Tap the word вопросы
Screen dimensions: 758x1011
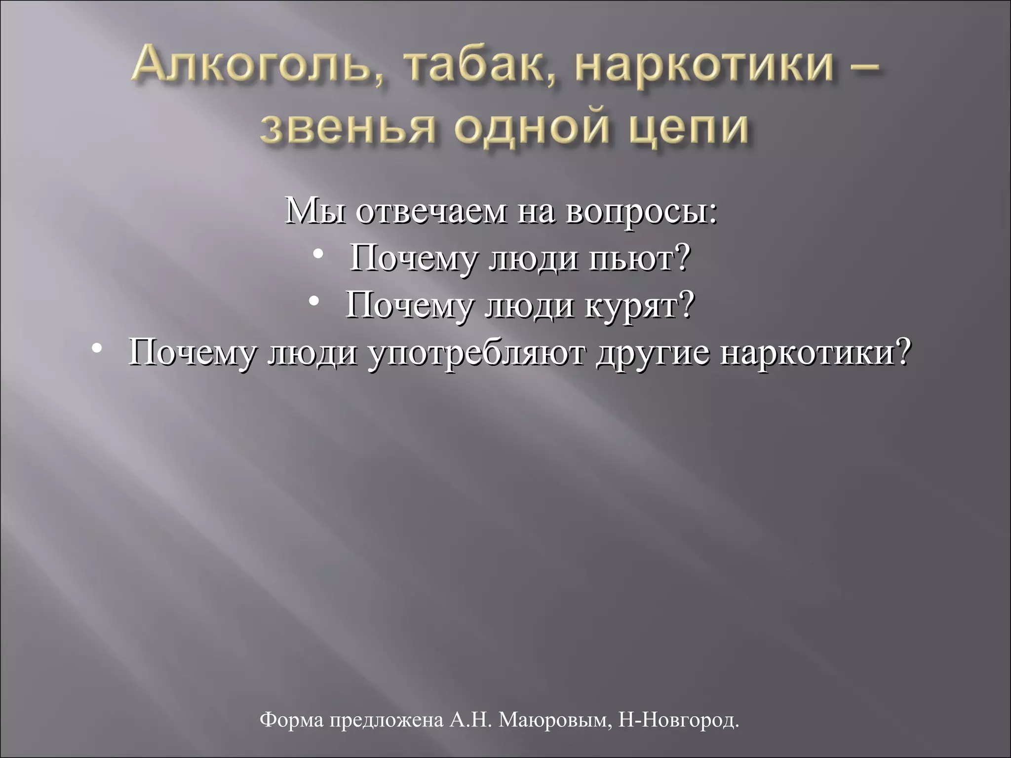pyautogui.click(x=641, y=213)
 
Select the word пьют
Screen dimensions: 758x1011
pyautogui.click(x=640, y=259)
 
